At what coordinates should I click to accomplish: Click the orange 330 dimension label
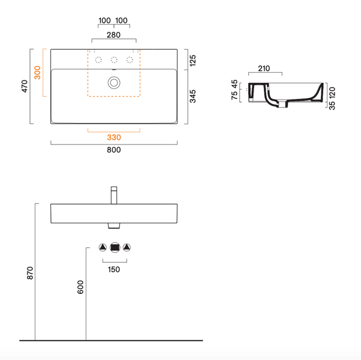(x=114, y=137)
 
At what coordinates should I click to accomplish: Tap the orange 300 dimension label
(x=37, y=73)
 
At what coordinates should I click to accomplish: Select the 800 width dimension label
(x=114, y=150)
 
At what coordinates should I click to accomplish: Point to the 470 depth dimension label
(x=25, y=86)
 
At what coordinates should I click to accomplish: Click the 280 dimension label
(x=113, y=35)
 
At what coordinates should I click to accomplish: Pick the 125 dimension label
(x=192, y=61)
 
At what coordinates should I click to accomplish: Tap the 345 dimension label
(x=192, y=96)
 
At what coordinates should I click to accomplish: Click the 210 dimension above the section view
(x=264, y=68)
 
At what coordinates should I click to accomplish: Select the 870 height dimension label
(x=30, y=273)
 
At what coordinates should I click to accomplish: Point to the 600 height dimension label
(x=80, y=287)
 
